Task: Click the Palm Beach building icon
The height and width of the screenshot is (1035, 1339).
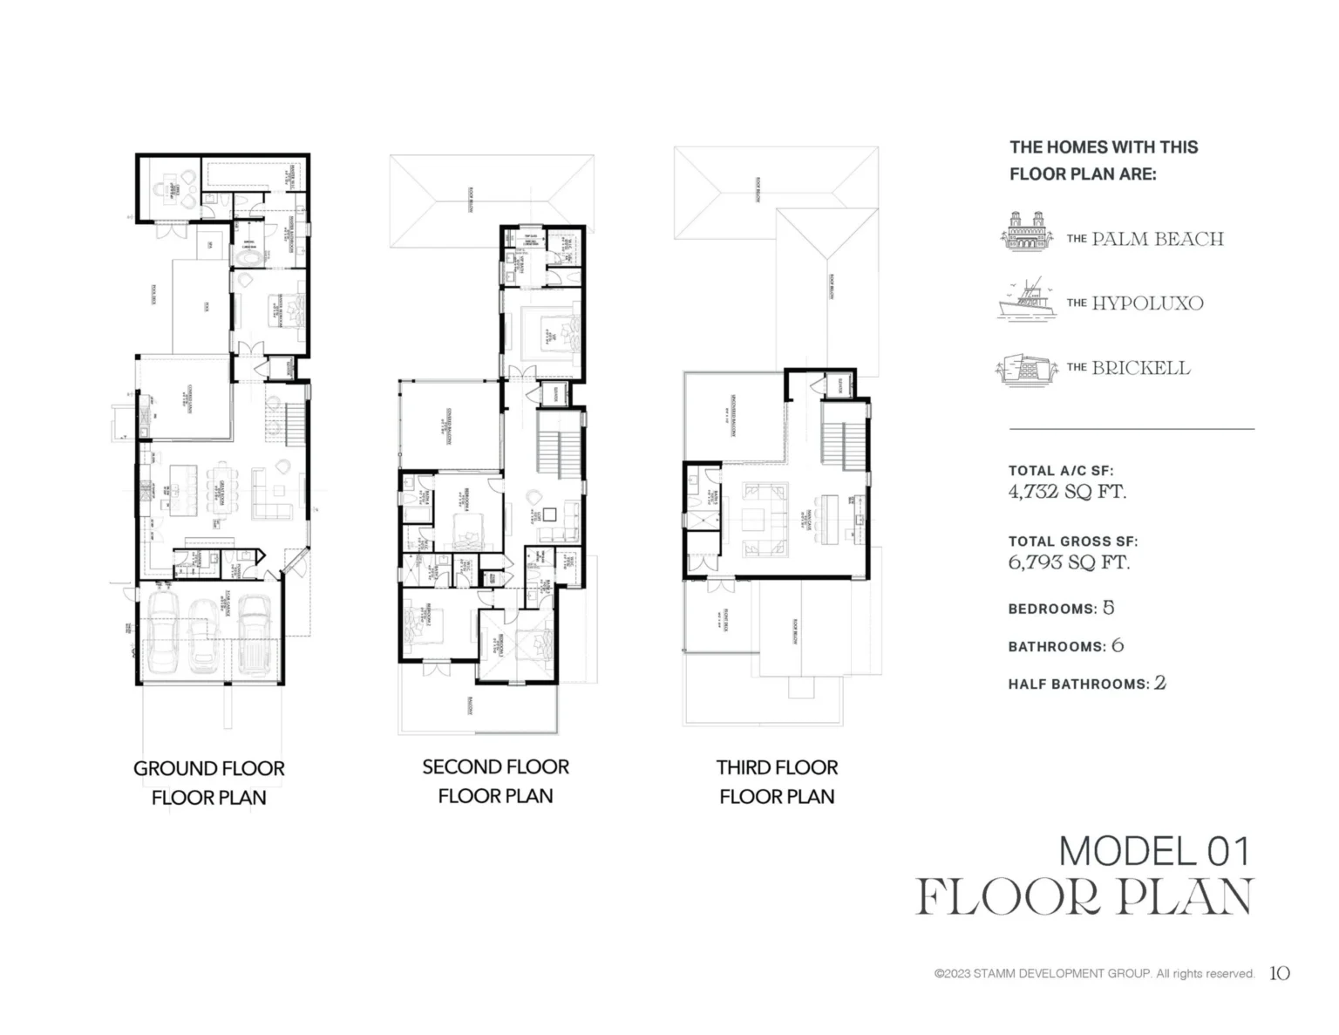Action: (x=1025, y=233)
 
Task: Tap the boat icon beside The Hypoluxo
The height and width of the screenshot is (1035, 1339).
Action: (x=1026, y=303)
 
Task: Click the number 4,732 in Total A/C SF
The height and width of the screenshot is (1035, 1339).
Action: (x=1034, y=492)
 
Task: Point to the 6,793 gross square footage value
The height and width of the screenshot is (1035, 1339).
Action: (x=1035, y=562)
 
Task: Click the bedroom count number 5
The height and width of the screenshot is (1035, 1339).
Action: (x=1108, y=608)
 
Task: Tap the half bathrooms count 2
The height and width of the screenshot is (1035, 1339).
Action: (x=1159, y=683)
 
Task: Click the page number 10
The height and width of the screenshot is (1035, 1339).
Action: (x=1279, y=973)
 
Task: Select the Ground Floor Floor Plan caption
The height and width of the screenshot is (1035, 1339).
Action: (x=208, y=782)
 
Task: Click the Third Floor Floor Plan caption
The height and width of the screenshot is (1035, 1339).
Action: (x=777, y=781)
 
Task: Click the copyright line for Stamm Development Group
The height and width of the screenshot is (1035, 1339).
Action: (x=1094, y=974)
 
